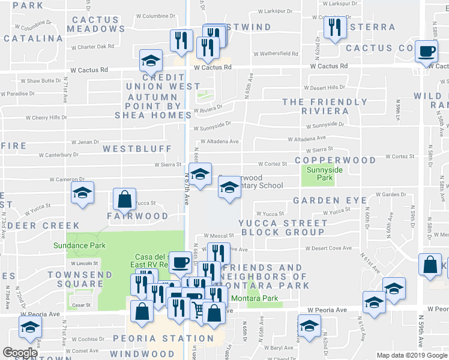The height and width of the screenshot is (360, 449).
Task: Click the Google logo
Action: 20,353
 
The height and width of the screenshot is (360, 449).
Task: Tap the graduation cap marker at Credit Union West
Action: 151,60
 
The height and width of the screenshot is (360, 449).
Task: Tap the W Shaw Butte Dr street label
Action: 41,80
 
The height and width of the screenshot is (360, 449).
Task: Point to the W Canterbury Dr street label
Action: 55,155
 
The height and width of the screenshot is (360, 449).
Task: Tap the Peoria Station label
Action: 170,338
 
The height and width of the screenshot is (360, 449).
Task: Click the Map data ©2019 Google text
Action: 411,355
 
